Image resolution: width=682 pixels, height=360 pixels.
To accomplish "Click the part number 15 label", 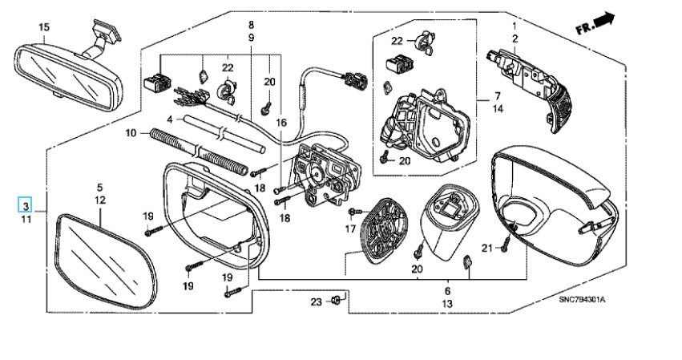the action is point(44,27).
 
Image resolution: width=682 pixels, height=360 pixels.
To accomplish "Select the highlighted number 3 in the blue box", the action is point(26,204).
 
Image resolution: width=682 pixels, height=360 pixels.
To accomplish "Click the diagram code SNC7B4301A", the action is point(582,300).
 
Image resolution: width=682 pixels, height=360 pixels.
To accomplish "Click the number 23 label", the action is point(317,301).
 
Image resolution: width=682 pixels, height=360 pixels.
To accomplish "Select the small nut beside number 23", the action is point(335,300).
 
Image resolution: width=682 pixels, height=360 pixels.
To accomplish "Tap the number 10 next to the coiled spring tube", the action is point(131,132).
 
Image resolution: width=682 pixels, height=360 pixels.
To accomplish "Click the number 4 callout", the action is point(170,119).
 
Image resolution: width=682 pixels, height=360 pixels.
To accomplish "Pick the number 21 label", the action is point(487,248).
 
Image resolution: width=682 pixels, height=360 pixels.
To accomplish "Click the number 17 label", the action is point(350,229).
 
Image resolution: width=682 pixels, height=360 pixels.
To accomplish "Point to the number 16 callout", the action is point(281,123).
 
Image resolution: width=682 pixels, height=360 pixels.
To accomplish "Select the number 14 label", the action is point(498,108).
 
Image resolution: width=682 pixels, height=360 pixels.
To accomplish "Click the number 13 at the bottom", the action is point(447,303).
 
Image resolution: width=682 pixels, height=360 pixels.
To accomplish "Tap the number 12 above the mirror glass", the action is point(100,200).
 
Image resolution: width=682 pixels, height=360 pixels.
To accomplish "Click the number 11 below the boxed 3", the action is point(26,219).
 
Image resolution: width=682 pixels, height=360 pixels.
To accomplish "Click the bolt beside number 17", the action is point(355,212).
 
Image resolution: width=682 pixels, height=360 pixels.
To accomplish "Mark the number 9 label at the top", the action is point(252,38).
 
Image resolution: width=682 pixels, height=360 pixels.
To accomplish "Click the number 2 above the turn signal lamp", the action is point(515,38).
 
